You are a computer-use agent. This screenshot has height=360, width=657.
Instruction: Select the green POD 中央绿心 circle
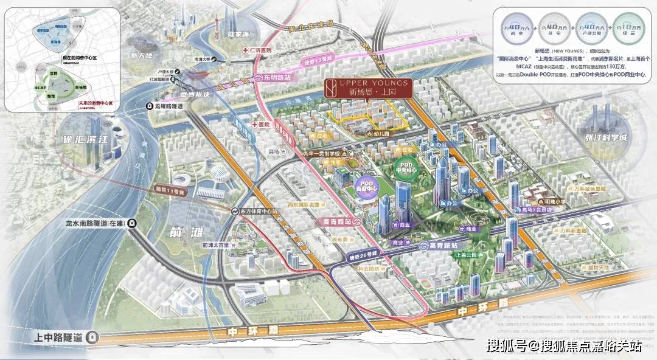click(408, 166)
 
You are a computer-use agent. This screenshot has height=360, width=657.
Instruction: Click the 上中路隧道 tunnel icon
click(92, 336)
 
